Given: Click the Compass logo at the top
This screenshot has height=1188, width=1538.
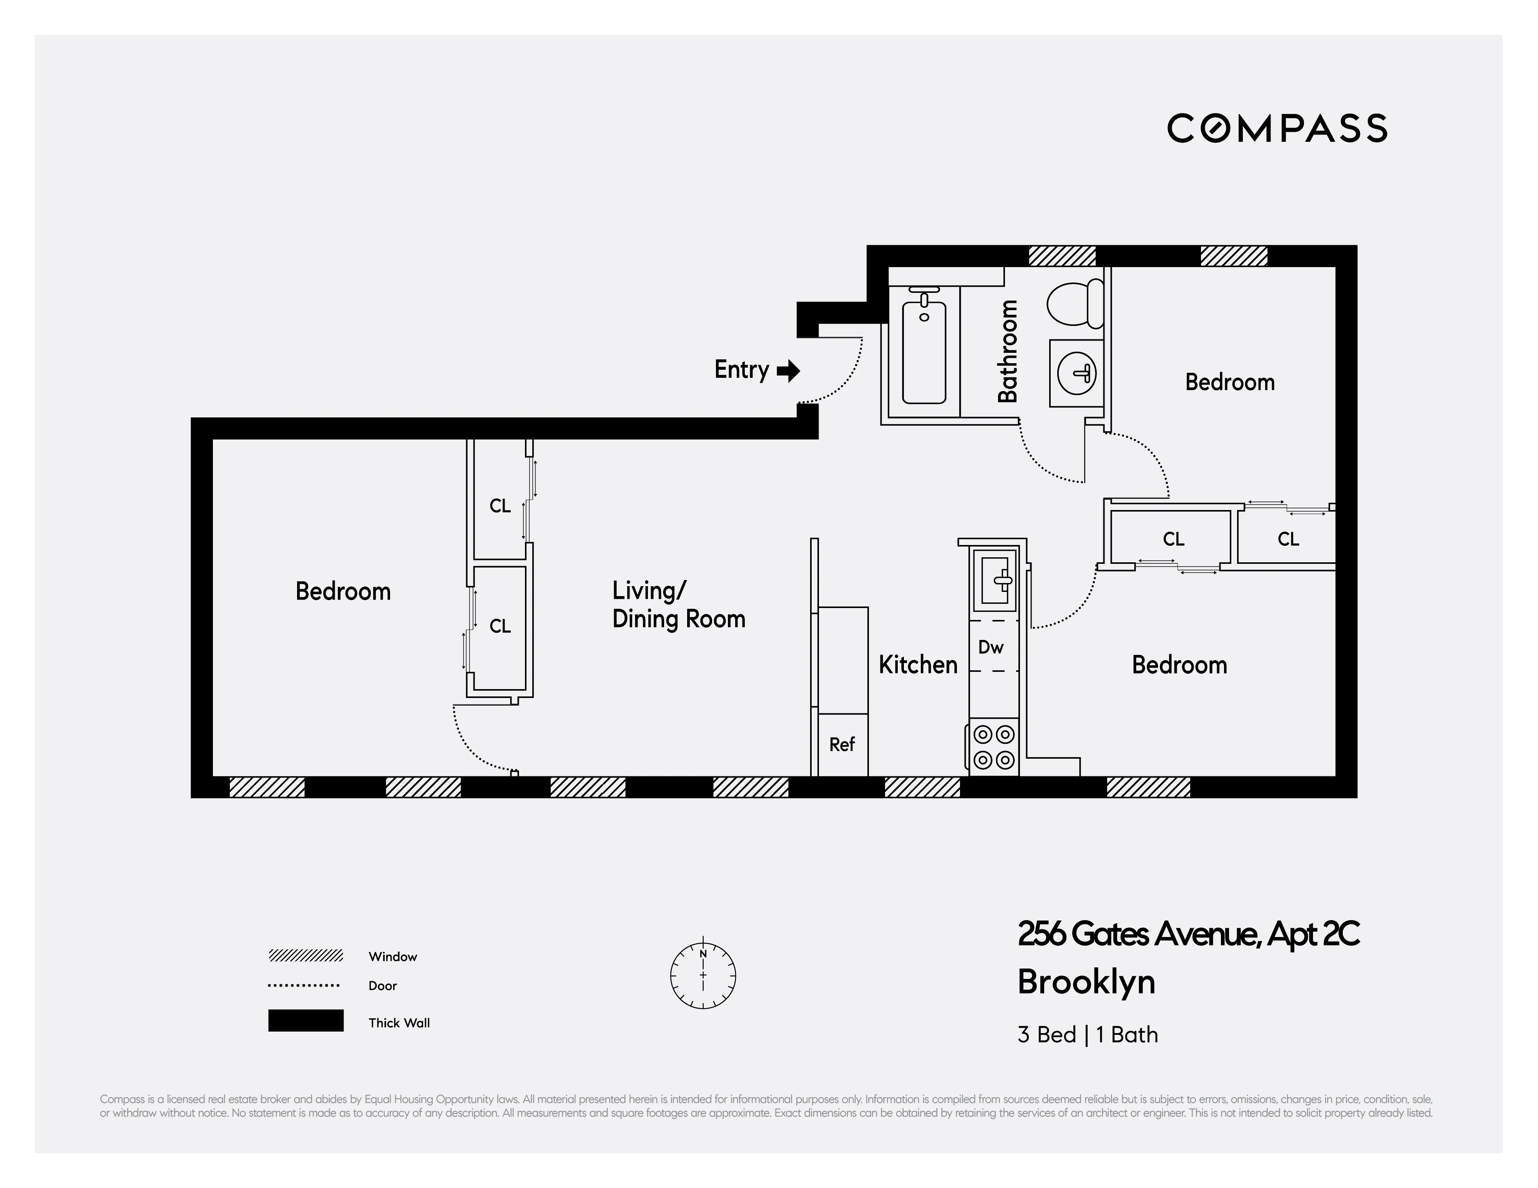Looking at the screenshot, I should point(1277,128).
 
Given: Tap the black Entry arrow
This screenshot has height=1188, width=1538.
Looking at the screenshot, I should point(789,371).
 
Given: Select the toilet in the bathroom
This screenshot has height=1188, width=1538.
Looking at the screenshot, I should point(1075,303).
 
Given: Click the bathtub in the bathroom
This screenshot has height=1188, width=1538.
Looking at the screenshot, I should point(924,349).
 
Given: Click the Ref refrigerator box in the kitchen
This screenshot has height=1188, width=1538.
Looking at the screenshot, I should point(842,744).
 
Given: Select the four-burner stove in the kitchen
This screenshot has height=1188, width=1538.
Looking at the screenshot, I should point(994,747).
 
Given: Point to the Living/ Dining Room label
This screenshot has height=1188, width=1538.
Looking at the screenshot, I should point(678,604).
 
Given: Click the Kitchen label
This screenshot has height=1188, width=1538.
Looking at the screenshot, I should point(918,665).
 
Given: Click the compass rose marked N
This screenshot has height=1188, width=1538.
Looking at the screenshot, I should point(703,975).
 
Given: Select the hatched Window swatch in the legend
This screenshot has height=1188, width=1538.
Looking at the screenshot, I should point(306,955).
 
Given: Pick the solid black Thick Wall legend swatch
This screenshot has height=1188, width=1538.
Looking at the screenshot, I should point(306,1020).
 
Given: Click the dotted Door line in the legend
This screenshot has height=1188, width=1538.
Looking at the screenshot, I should point(304,985).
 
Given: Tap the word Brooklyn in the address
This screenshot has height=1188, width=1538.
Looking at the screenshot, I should point(1086,982).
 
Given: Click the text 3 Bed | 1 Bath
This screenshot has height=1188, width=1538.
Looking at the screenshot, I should point(1087,1035).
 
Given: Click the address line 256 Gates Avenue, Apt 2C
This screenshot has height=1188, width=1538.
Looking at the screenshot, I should point(1188,934).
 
